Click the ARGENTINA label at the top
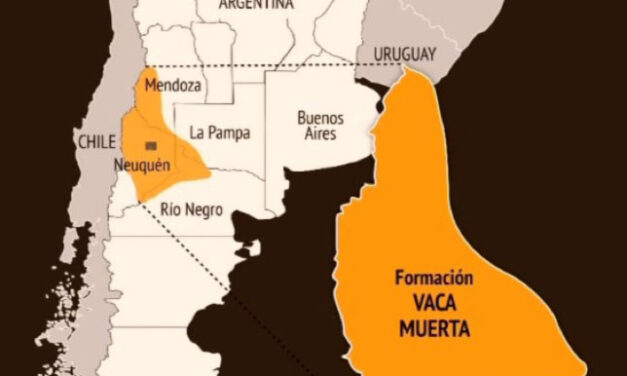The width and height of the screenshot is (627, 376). (x=258, y=5)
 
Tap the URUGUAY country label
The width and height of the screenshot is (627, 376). (x=405, y=52)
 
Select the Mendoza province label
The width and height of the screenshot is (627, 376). (x=172, y=86)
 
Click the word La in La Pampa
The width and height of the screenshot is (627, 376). (x=200, y=132)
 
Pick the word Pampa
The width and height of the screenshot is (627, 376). (x=232, y=132)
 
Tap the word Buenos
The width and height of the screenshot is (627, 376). (x=321, y=117)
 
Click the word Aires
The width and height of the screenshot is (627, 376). (x=319, y=133)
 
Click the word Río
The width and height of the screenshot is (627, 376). (x=171, y=209)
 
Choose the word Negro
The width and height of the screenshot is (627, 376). (x=205, y=209)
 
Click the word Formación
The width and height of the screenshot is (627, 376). (x=433, y=279)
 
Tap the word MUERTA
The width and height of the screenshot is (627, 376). (x=433, y=327)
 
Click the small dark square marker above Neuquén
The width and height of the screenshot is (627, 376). (x=150, y=146)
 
